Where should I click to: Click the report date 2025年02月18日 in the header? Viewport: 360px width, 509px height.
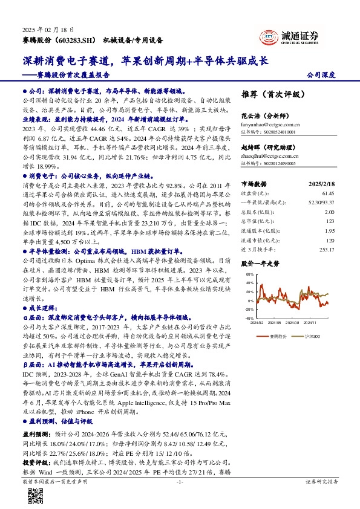point(48,29)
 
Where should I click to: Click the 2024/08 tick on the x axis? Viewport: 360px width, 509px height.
point(293,323)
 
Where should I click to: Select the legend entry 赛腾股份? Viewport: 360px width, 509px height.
point(276,334)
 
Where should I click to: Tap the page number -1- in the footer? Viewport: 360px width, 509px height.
point(180,482)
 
